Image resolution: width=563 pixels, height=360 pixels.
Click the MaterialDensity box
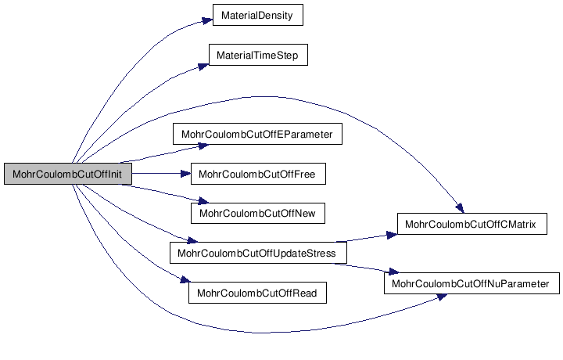point(258,15)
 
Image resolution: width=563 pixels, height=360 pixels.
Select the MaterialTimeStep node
point(258,55)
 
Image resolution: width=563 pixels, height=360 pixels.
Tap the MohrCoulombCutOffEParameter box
point(257,134)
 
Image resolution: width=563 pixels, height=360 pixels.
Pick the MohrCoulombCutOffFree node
point(258,174)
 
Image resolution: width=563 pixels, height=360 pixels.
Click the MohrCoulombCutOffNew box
point(258,214)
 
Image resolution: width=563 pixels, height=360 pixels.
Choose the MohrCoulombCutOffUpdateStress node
point(258,253)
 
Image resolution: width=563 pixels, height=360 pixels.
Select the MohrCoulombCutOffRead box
point(257,293)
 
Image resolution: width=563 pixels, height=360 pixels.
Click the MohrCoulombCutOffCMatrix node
point(472,224)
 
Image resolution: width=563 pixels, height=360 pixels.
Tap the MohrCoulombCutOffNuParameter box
point(472,283)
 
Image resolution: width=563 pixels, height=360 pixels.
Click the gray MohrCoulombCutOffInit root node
point(68,174)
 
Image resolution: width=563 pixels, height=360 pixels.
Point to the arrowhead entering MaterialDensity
point(207,20)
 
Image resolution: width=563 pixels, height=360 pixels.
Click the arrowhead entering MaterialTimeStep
point(203,67)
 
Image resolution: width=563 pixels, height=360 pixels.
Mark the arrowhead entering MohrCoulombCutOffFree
point(185,174)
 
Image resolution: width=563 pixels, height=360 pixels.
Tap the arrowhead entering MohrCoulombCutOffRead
point(185,279)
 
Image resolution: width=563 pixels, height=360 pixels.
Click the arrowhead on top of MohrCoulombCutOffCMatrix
point(460,208)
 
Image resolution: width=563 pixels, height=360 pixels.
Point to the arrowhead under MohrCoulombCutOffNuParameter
point(441,297)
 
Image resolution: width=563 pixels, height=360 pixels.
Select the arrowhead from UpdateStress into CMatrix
point(392,236)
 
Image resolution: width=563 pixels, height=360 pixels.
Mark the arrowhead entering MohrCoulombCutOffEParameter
point(203,146)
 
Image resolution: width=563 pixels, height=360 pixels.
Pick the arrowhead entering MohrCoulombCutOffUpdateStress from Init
point(192,239)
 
